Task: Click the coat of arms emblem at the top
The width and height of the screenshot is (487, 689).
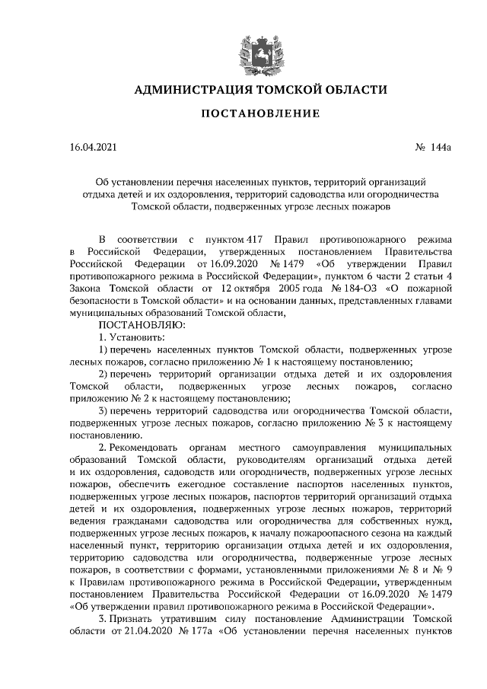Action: (x=244, y=45)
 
